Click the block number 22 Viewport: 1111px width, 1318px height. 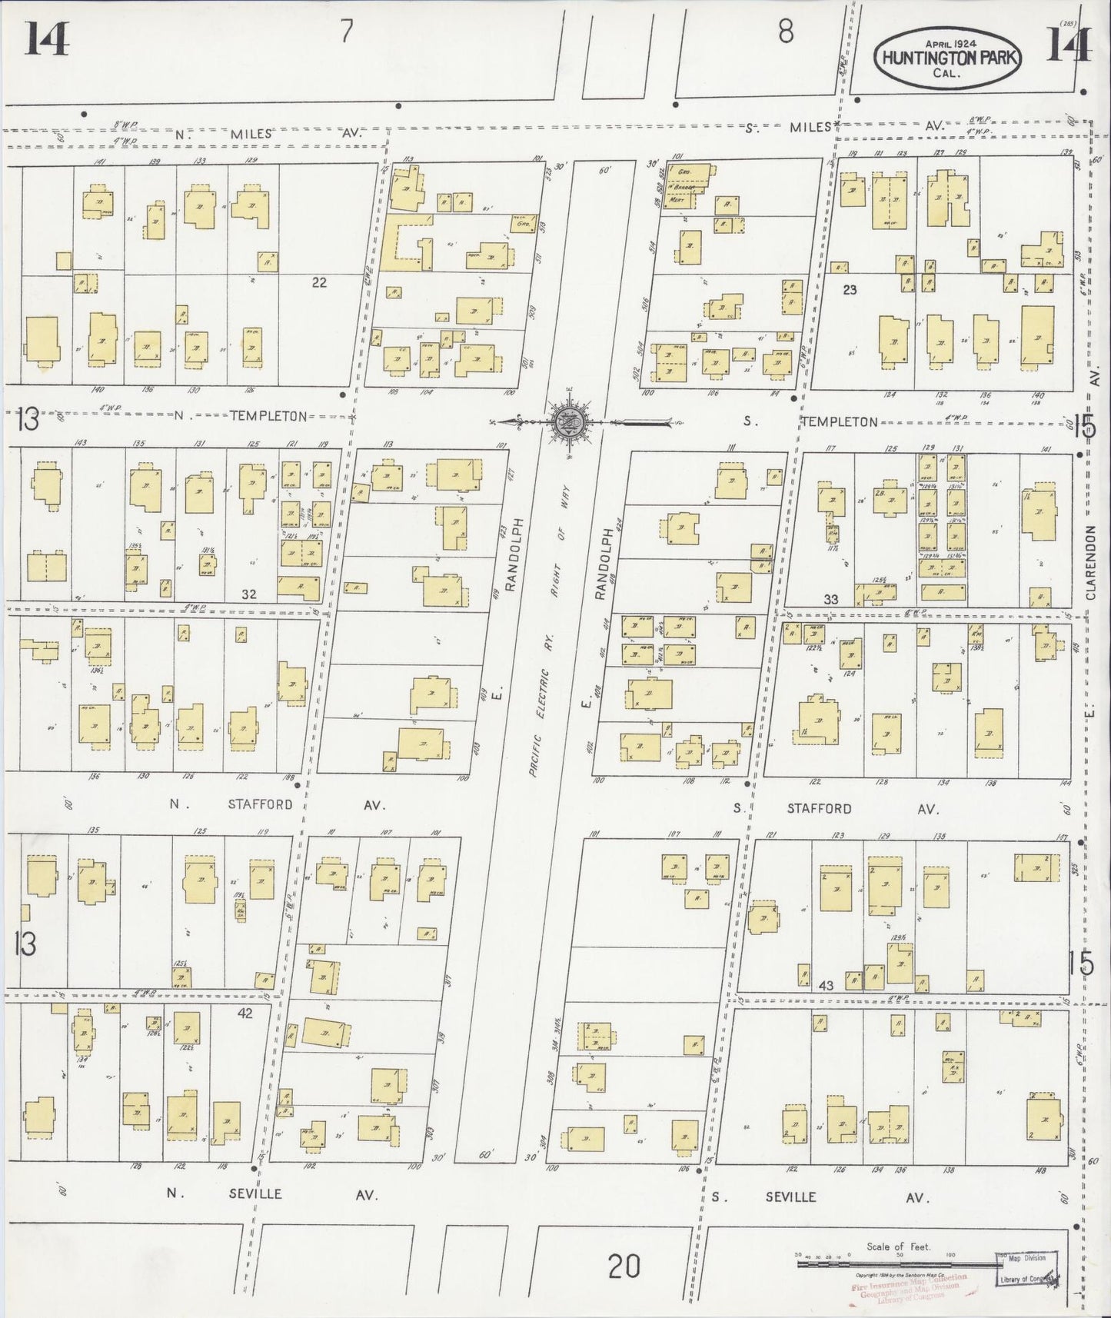(319, 282)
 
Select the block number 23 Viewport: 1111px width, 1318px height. (849, 290)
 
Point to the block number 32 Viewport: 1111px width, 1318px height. (248, 594)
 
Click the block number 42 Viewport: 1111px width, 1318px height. (244, 1013)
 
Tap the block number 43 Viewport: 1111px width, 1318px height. (826, 984)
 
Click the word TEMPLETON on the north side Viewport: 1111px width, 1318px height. (268, 416)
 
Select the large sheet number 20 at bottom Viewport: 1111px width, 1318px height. (624, 1265)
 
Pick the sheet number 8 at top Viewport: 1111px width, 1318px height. (785, 33)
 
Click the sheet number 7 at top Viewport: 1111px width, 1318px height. (347, 33)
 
